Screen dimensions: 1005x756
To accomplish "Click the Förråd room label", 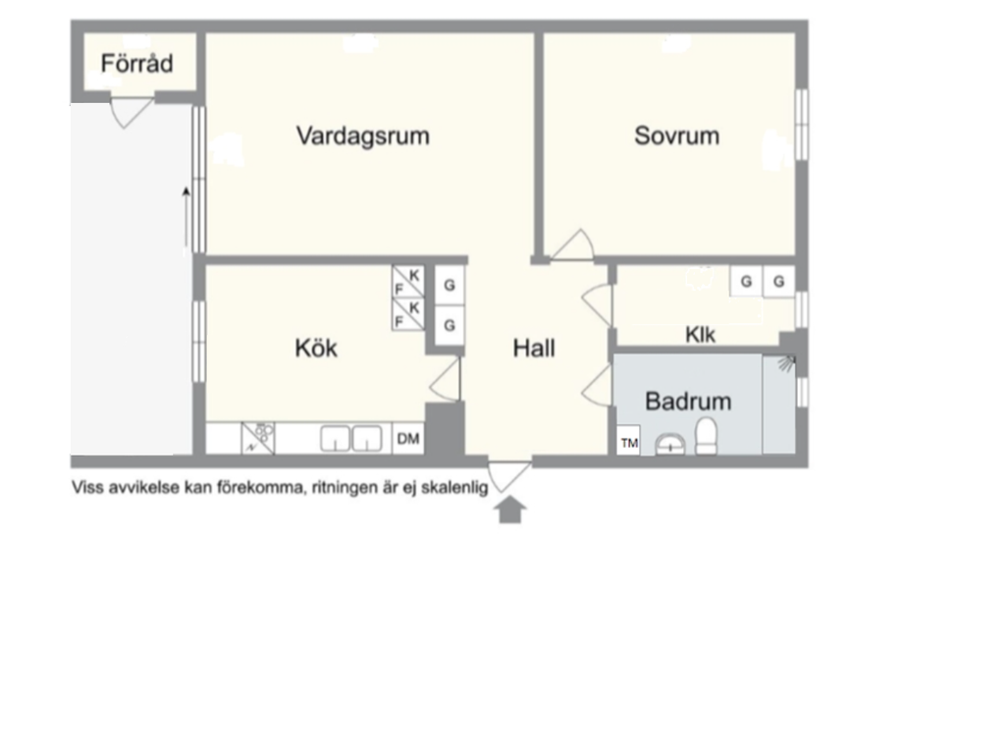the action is click(136, 64).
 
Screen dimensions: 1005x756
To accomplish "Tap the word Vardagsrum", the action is click(363, 135).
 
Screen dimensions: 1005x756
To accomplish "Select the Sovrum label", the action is click(677, 135).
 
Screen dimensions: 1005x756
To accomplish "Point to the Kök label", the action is click(316, 349).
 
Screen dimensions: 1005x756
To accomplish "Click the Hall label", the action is click(534, 349).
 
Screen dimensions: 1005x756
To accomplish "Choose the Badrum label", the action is click(688, 402).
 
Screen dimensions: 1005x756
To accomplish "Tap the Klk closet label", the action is click(700, 334).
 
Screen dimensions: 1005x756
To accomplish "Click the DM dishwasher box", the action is click(408, 439).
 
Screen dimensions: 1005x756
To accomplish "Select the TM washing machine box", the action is click(629, 441).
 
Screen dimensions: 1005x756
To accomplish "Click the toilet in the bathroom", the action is click(706, 437).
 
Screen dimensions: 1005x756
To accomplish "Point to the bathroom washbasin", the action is click(669, 445).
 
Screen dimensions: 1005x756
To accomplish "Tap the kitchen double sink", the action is click(350, 439).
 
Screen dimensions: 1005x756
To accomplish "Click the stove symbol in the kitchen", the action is click(258, 438).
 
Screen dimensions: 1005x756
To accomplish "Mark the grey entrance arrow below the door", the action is click(510, 512).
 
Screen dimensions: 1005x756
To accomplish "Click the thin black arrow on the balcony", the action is click(186, 218).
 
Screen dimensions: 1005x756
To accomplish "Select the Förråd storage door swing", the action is click(132, 113).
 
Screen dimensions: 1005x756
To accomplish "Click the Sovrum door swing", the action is click(572, 245).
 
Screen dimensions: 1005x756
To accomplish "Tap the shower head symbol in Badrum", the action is click(786, 363).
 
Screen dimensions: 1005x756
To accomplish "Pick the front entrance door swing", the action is click(509, 476).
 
